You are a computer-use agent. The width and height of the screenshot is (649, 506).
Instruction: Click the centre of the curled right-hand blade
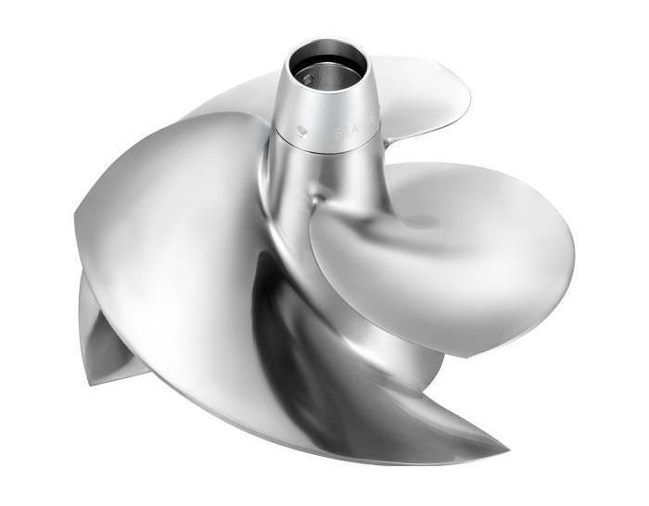tap(436, 241)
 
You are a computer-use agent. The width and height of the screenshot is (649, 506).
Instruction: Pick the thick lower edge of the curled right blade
tap(445, 320)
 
